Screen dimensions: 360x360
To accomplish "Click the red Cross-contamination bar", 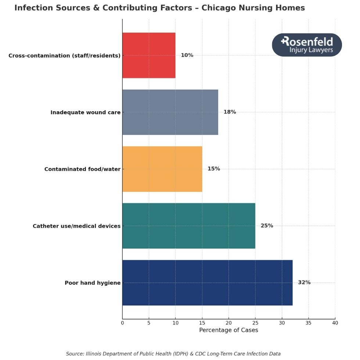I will [x=149, y=55].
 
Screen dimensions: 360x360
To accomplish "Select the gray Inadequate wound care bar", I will [x=170, y=112].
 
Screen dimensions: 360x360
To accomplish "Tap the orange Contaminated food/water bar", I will [x=162, y=169].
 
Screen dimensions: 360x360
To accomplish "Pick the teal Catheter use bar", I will [x=188, y=226].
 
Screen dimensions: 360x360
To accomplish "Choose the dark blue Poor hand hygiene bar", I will [x=207, y=282].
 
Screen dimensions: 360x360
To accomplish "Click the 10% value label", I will [x=187, y=55].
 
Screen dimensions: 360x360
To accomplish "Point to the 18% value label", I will [x=230, y=112].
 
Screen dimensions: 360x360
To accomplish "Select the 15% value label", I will [x=214, y=169].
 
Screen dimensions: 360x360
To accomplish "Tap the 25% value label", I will [x=267, y=226].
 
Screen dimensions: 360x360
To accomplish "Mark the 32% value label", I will [x=304, y=282].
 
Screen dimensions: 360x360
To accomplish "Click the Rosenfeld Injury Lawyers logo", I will [x=307, y=45].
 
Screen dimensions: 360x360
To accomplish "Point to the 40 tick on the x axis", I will [x=335, y=323].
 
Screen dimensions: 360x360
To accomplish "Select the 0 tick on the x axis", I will [x=122, y=323].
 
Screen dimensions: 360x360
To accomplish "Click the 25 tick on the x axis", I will [x=255, y=323].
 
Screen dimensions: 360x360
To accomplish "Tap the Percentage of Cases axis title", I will [x=228, y=330].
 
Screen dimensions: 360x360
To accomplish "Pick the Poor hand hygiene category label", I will [x=93, y=283].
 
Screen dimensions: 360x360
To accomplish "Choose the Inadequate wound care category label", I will [x=86, y=112].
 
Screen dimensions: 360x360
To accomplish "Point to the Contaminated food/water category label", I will [x=82, y=169].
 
